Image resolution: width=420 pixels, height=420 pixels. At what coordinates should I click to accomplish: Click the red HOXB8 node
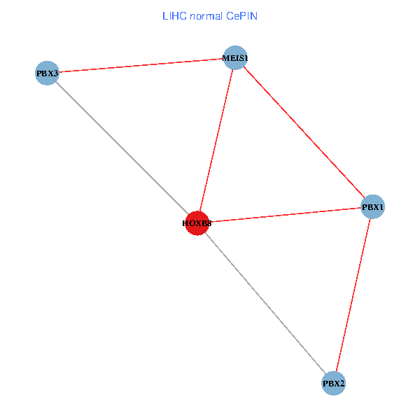(197, 223)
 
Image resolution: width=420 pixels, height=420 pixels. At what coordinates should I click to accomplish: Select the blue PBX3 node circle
(46, 73)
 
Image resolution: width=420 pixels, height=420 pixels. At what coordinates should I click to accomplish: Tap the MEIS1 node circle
(234, 57)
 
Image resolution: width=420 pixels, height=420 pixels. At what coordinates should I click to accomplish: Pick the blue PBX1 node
(372, 206)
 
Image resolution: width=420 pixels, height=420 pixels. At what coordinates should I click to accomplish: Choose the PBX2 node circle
(333, 384)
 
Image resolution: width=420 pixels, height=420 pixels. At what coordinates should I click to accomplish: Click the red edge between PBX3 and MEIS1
(140, 65)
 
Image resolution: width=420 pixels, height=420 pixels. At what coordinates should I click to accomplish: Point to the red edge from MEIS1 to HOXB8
(216, 140)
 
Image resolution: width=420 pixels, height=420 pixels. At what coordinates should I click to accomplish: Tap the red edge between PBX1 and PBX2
(353, 295)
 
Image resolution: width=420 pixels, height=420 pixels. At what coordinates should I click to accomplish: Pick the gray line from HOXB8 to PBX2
(265, 303)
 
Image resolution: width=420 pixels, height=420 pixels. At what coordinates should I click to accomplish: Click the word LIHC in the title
(172, 15)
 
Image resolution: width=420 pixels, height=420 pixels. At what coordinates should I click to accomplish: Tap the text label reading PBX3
(46, 73)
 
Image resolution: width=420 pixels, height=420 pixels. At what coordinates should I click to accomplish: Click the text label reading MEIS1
(234, 57)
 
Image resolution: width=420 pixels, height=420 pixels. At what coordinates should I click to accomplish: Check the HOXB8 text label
(197, 223)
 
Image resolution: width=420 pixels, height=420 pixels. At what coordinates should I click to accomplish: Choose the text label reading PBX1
(372, 207)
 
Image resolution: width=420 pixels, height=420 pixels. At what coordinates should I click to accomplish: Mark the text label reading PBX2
(333, 384)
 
